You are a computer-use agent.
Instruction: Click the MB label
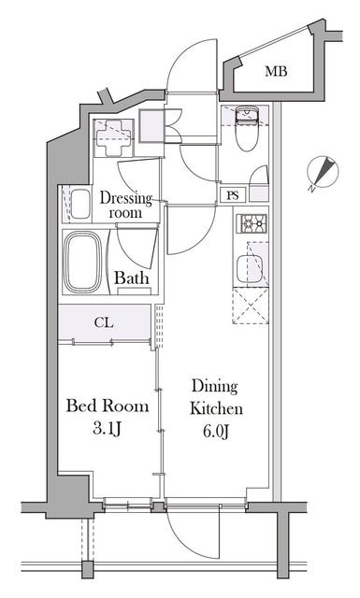[x=276, y=71]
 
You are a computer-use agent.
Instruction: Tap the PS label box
[x=233, y=195]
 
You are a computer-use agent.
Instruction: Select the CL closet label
[x=104, y=322]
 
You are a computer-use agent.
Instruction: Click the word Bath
[x=131, y=278]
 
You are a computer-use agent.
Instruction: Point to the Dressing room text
[x=125, y=206]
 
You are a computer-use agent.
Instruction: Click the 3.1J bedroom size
[x=107, y=429]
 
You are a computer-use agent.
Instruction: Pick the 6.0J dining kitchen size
[x=216, y=432]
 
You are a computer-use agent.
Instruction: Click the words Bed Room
[x=108, y=406]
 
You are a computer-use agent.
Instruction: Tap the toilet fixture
[x=247, y=129]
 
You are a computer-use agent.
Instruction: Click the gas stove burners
[x=252, y=223]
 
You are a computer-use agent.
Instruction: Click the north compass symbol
[x=323, y=172]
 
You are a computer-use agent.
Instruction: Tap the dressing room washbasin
[x=80, y=204]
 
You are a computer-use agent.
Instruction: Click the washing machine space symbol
[x=113, y=137]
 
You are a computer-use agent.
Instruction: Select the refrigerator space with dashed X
[x=251, y=306]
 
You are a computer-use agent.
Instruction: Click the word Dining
[x=214, y=387]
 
